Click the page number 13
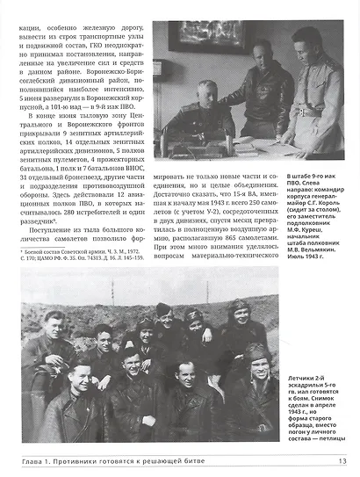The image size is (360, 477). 342,460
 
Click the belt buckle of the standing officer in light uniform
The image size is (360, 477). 308,113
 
